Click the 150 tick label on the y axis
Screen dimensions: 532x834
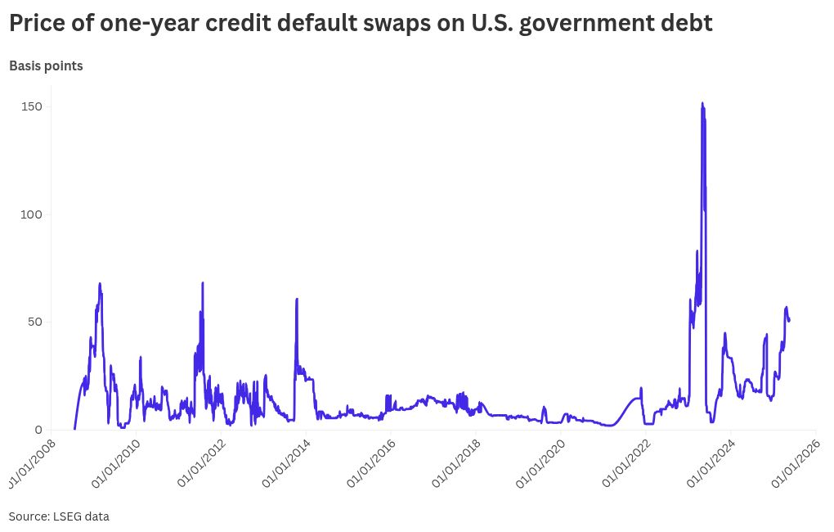point(30,107)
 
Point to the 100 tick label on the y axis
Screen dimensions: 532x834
point(30,214)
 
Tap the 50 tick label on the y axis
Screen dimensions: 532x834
point(34,322)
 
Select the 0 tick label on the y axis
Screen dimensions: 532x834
point(37,430)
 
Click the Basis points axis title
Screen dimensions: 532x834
point(46,66)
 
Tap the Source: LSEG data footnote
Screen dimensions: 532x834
point(59,516)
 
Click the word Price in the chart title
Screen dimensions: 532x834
point(38,24)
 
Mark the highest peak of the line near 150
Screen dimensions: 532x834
point(702,104)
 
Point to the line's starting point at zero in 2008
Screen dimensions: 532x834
point(74,429)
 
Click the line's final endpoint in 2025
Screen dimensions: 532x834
point(789,320)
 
